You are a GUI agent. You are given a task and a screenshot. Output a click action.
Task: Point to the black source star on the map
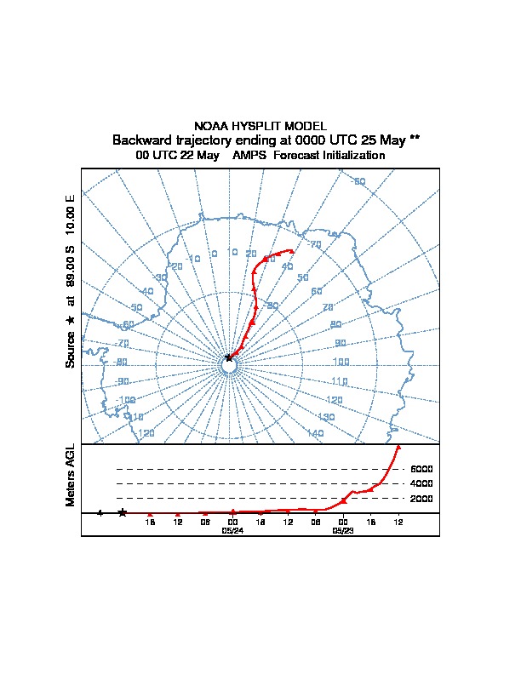[x=229, y=358]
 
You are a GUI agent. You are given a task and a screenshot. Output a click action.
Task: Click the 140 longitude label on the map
[x=315, y=433]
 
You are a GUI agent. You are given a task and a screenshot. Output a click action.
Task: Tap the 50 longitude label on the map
[x=302, y=277]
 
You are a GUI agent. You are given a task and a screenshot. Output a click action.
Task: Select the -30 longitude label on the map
[x=159, y=277]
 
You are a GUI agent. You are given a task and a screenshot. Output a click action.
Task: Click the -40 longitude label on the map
[x=146, y=291]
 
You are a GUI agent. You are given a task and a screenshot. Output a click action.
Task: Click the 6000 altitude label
[x=421, y=469]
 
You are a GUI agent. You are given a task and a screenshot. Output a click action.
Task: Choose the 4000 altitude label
[x=421, y=483]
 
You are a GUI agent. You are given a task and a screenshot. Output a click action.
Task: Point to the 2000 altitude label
[x=421, y=498]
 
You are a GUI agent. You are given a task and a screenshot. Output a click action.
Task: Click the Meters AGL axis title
[x=71, y=476]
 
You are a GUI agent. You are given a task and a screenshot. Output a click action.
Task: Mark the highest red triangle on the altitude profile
[x=398, y=446]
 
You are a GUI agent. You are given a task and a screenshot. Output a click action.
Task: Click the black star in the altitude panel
[x=123, y=512]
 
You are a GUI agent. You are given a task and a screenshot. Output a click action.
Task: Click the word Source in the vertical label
[x=71, y=350]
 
